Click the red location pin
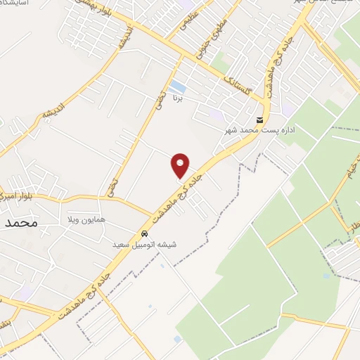[x=181, y=165]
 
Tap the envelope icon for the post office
[x=260, y=120]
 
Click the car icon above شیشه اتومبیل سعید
[x=144, y=234]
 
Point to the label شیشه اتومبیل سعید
[x=144, y=245]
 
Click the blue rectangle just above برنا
[x=179, y=87]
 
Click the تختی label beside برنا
[x=161, y=98]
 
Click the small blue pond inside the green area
[x=326, y=276]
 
